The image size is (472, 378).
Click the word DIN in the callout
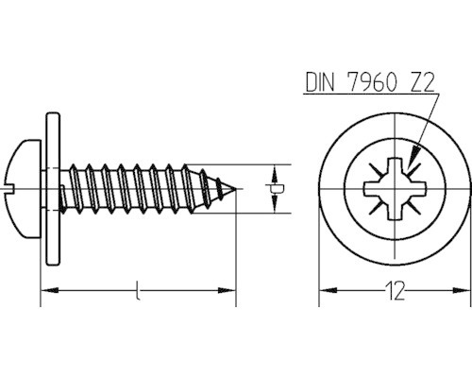pos(320,82)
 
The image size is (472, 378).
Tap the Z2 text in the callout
pos(416,82)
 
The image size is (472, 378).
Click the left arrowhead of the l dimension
pos(44,293)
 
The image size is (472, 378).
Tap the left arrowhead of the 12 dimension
pos(324,293)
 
